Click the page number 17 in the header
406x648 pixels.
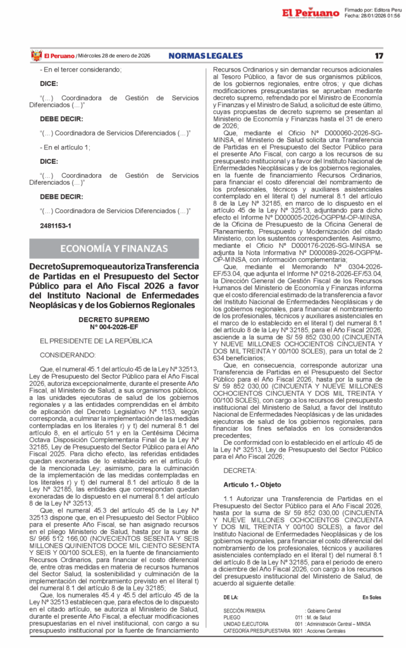coord(379,56)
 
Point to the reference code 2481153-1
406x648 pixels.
coord(56,225)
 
